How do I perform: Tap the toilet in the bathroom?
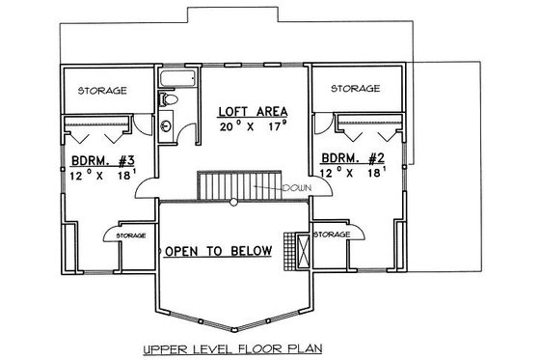coord(170,97)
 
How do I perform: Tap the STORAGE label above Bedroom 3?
coord(102,90)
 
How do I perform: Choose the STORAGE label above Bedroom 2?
coord(354,89)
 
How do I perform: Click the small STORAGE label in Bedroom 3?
coord(130,235)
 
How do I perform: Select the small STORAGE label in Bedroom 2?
coord(331,235)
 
